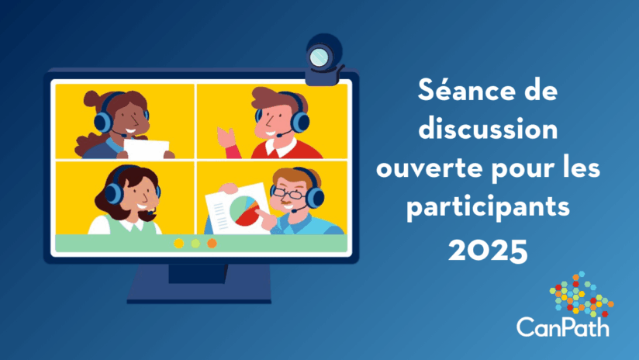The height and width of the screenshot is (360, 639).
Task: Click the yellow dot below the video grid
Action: click(179, 244)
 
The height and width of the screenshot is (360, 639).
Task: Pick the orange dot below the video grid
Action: click(212, 244)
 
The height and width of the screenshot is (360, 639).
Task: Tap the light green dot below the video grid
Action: click(195, 244)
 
